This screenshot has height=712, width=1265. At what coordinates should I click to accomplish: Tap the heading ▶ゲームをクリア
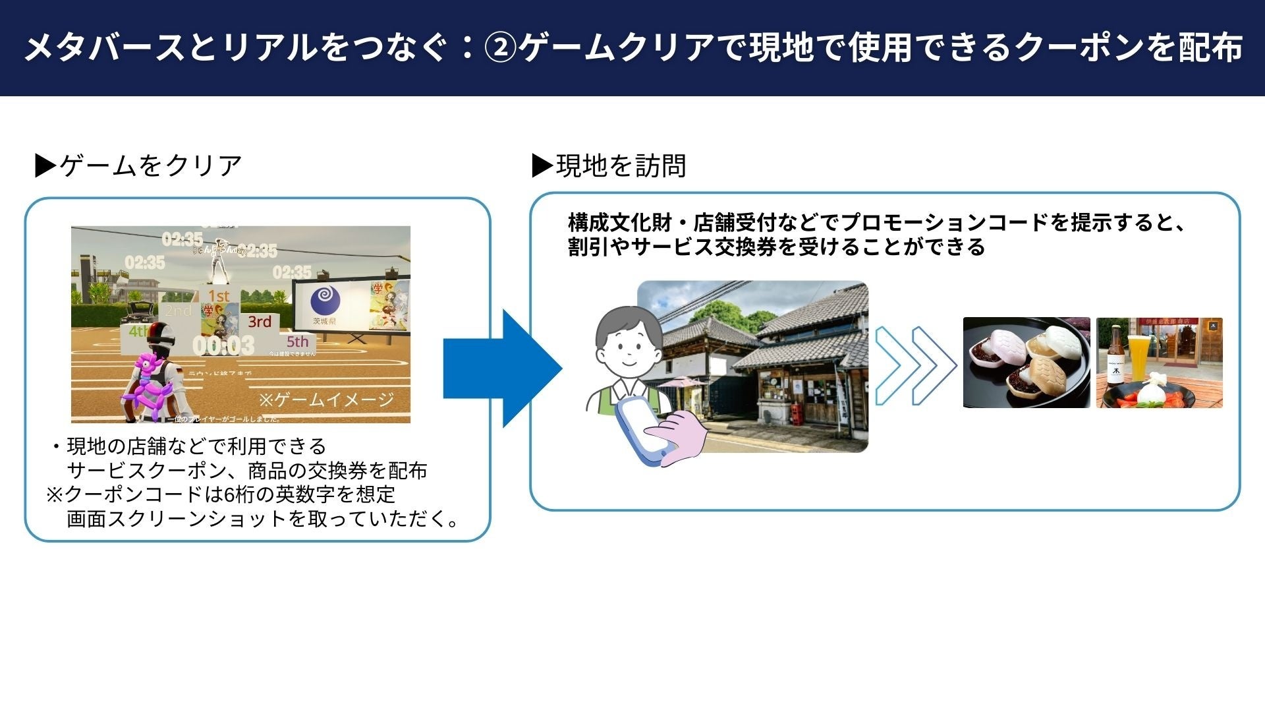coord(138,165)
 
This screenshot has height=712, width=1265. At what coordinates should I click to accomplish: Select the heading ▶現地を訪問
coord(609,165)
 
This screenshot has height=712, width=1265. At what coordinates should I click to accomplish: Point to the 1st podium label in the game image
coord(219,296)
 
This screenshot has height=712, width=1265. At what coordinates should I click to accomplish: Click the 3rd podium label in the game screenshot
coord(260,322)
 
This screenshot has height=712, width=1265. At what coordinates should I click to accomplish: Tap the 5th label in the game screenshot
coord(297,341)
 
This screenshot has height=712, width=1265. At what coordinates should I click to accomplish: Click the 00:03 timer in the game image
coord(223,345)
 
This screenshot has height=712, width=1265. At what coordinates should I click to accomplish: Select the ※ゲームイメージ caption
coord(326,399)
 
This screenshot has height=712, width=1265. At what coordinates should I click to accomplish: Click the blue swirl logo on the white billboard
coord(323,300)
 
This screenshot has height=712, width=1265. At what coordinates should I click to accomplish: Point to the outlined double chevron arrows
coord(915,366)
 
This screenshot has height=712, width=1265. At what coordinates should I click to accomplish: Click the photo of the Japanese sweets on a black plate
coord(1026,363)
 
